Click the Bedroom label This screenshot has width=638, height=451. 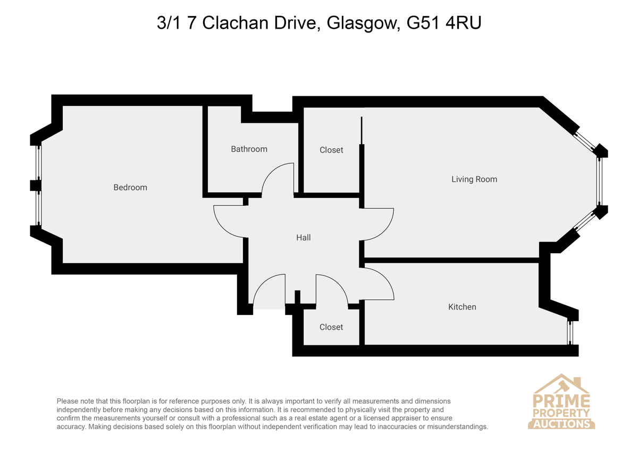tap(130, 187)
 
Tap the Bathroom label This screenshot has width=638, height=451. tap(249, 149)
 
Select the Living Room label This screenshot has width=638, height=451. tap(474, 179)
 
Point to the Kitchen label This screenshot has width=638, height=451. tap(462, 307)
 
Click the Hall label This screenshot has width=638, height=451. tap(304, 238)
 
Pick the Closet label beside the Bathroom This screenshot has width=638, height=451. tap(331, 150)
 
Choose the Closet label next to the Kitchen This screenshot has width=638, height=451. tap(331, 327)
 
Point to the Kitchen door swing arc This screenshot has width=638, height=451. tap(385, 278)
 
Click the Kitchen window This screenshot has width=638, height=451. tap(570, 332)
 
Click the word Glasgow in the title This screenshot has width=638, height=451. tap(362, 23)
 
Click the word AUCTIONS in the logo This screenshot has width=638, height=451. tap(561, 424)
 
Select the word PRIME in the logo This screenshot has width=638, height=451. tap(561, 401)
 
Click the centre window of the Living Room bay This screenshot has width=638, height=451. tap(600, 181)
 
